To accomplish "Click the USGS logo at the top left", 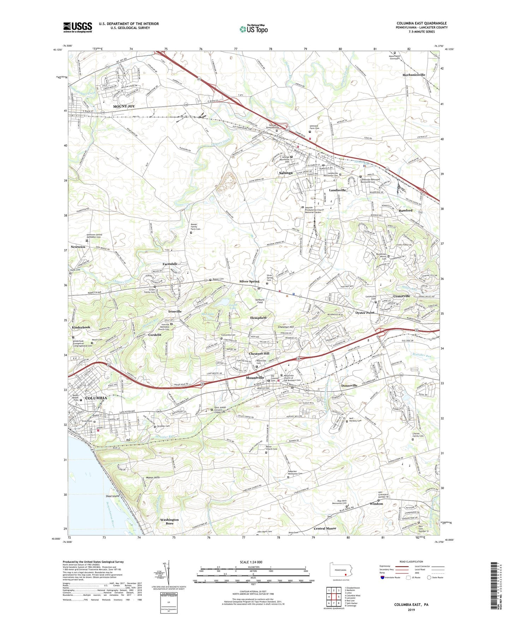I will coord(78,27).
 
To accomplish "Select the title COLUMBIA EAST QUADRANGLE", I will coord(421,23).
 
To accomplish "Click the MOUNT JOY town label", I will coord(124,106).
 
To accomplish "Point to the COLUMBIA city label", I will coord(96,398).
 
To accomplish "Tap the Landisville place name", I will coord(337,190).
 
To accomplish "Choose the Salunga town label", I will coord(286,173).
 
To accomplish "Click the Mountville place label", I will coord(255,378).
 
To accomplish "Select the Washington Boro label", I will coord(169,521).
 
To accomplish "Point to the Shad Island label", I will coord(113,496).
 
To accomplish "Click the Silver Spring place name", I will coord(249,281).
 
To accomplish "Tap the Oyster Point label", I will coord(365,313).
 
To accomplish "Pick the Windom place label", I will coord(376,504).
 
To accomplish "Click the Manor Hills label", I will coord(152,477).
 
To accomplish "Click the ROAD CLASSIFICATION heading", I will coord(411,562).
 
